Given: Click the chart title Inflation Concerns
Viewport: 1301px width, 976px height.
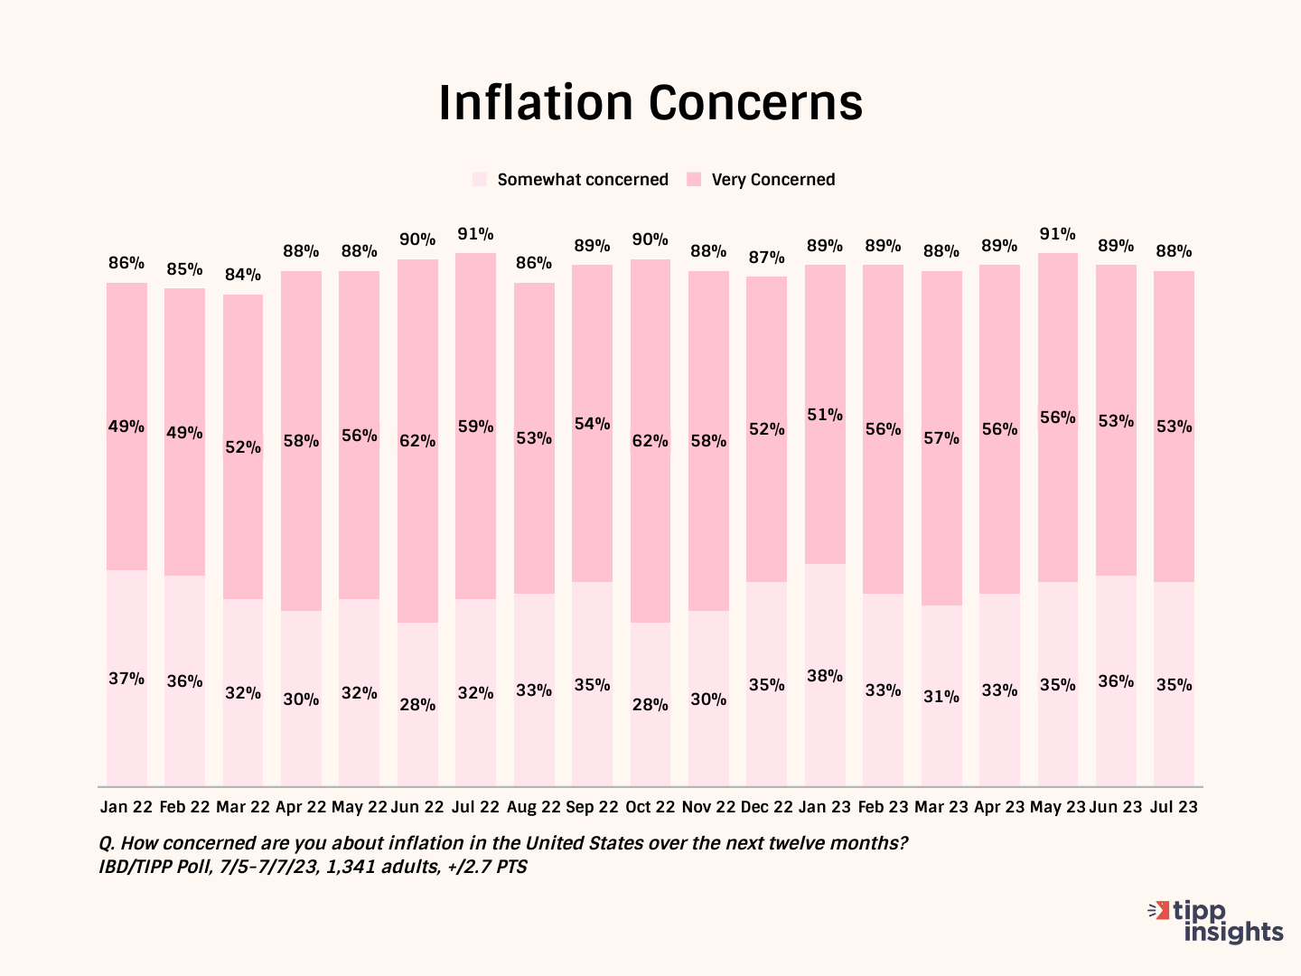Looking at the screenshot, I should pos(650,102).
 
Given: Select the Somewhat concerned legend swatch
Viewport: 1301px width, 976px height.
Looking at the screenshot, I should pos(480,180).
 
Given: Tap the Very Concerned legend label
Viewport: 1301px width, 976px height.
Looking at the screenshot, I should pos(772,180).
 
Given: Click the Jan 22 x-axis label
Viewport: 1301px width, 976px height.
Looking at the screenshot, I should pos(126,807).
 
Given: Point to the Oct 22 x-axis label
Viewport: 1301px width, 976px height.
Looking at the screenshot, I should pos(650,807).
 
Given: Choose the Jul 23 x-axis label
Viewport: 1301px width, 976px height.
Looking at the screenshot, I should pos(1174,807).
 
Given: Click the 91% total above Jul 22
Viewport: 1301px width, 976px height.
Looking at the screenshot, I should pos(475,234).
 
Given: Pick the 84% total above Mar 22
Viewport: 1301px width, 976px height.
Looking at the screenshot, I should pos(243,275).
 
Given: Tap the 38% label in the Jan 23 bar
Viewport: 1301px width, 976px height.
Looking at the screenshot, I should pos(825,676).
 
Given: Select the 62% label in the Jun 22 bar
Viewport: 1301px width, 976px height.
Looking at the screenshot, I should pos(417,441).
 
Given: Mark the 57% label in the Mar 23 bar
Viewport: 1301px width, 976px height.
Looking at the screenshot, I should pos(941,438).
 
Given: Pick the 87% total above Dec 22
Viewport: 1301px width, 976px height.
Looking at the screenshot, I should pos(767,258).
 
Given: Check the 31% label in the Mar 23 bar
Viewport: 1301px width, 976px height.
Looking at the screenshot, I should pos(941,697).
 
